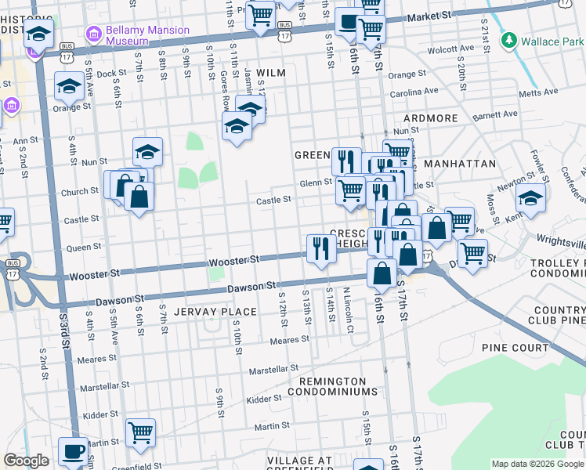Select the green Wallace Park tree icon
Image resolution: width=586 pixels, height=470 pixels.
tap(509, 38)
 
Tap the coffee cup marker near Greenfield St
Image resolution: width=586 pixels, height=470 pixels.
tap(74, 451)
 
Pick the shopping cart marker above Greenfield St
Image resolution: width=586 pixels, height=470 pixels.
tap(140, 432)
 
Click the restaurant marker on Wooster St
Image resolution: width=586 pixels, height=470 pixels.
tap(321, 249)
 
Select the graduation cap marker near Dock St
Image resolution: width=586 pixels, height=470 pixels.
tap(69, 86)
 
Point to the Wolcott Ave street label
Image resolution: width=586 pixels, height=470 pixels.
tap(450, 49)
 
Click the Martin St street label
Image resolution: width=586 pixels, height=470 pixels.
tap(272, 425)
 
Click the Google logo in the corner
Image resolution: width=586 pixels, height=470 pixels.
tap(26, 461)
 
